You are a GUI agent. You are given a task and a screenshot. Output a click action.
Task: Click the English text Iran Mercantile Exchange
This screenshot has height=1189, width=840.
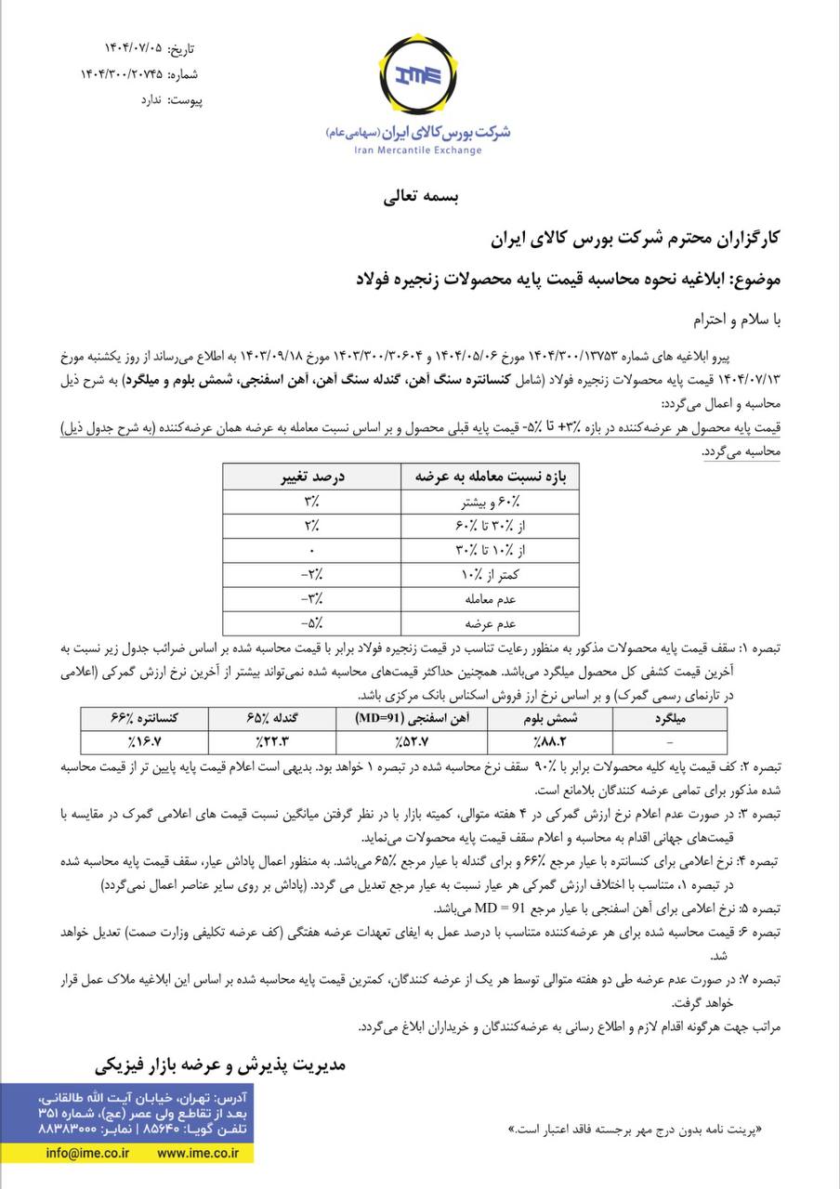point(419,150)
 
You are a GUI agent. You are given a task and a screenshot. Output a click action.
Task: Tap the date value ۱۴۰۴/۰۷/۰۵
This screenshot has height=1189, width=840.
point(138,48)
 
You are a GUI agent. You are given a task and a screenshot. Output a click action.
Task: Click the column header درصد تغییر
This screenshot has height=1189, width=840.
point(313,477)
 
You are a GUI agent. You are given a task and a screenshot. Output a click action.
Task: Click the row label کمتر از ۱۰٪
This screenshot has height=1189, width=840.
point(484,575)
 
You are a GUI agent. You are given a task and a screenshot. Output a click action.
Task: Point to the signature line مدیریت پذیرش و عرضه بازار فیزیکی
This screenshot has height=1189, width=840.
point(220,1063)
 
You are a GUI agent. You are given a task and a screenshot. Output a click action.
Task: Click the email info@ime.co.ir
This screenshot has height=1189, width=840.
point(88,1152)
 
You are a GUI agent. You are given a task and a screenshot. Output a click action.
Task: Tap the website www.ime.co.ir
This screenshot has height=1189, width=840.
point(198,1152)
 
